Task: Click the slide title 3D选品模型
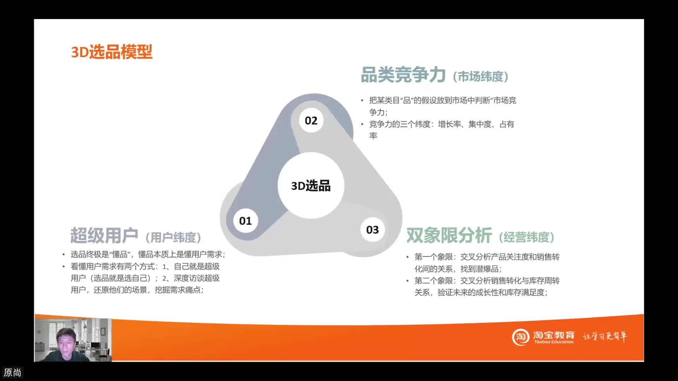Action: click(x=112, y=52)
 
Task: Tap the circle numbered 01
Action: click(x=245, y=221)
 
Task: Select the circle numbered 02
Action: click(x=311, y=121)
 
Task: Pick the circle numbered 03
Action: click(x=372, y=230)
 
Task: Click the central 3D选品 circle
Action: click(x=311, y=186)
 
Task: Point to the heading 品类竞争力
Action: click(x=403, y=75)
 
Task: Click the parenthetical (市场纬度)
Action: click(x=481, y=77)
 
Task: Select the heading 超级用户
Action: click(x=104, y=236)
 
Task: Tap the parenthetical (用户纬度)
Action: click(x=173, y=237)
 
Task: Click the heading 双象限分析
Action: click(x=449, y=235)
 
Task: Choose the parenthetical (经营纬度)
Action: click(x=527, y=237)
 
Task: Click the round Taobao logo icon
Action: click(x=521, y=337)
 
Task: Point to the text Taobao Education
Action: click(x=554, y=342)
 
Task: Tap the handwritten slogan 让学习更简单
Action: click(x=605, y=336)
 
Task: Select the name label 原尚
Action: click(x=12, y=373)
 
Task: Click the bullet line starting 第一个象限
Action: click(x=487, y=257)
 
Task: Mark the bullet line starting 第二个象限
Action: click(x=487, y=281)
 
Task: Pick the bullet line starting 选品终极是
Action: click(x=148, y=254)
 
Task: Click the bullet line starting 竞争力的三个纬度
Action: click(x=441, y=124)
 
